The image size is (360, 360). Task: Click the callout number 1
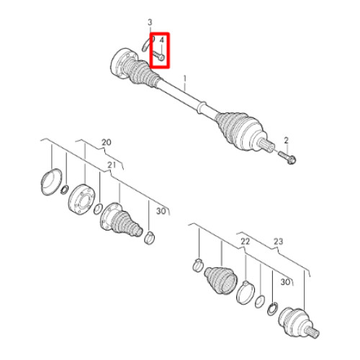tap(185, 78)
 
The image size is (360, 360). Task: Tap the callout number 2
tap(286, 140)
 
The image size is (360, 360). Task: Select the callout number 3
tap(150, 22)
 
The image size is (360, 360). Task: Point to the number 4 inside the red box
tap(161, 40)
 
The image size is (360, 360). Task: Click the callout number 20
tap(107, 143)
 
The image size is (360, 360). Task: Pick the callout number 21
tap(112, 165)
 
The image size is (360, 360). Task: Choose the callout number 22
tap(245, 241)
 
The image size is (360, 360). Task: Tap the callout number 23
tap(279, 241)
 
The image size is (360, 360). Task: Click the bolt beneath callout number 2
tap(287, 157)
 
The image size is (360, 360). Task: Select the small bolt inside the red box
tap(159, 55)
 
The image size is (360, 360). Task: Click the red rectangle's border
tap(150, 50)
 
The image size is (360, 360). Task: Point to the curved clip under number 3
tap(147, 45)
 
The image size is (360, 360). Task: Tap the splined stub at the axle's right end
tap(267, 144)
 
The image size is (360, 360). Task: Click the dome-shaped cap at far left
tap(50, 181)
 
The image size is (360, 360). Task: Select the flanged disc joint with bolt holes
tap(81, 198)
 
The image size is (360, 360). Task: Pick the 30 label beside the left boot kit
tap(161, 211)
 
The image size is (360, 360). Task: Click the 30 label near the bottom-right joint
tap(285, 282)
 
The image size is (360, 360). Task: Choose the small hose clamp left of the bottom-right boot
tap(198, 265)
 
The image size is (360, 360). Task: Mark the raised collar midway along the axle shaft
tap(202, 107)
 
